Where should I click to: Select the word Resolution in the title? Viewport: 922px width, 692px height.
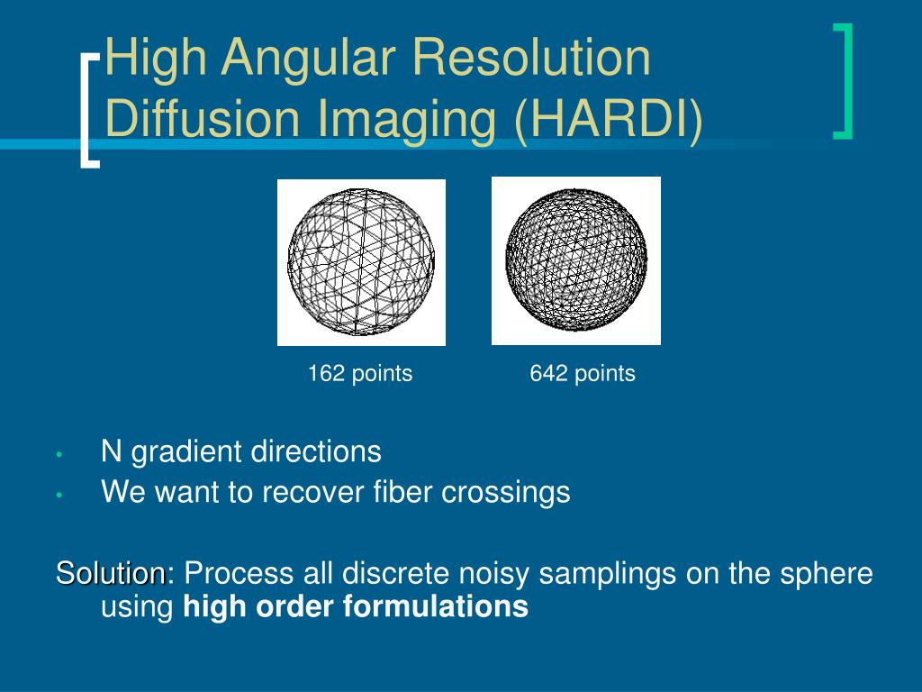[531, 58]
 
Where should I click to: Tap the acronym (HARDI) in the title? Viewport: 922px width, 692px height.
[609, 119]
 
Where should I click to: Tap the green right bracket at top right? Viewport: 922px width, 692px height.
[843, 81]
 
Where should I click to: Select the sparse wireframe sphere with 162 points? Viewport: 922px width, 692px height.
[361, 262]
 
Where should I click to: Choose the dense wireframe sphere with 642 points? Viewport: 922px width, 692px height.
[576, 260]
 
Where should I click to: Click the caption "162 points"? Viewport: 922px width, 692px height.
[360, 374]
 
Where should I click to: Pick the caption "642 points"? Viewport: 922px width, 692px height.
[583, 374]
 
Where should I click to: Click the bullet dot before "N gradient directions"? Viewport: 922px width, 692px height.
[59, 454]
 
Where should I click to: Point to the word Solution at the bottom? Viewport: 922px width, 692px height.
[111, 573]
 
